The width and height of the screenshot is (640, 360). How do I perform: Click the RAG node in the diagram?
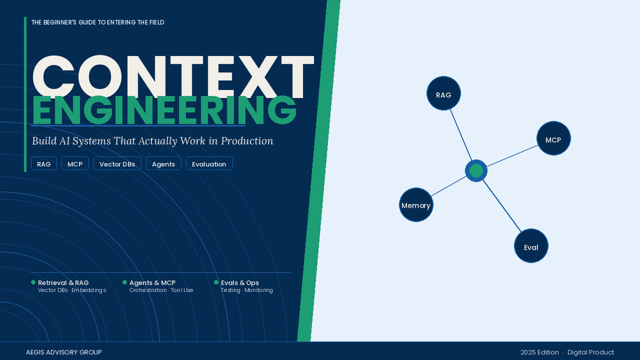click(x=444, y=94)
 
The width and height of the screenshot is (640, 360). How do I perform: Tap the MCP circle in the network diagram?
click(x=553, y=138)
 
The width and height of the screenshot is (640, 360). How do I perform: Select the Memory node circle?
click(x=416, y=205)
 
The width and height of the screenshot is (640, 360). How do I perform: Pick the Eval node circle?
click(x=531, y=246)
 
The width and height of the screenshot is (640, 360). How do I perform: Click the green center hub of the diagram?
click(x=476, y=171)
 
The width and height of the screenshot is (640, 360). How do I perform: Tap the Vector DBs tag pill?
click(x=117, y=164)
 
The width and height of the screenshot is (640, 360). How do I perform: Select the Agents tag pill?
click(x=163, y=164)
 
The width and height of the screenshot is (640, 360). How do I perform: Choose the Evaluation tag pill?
click(x=209, y=164)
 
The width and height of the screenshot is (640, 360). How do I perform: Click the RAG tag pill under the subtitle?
click(x=44, y=164)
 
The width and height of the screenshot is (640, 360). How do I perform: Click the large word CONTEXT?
click(x=173, y=76)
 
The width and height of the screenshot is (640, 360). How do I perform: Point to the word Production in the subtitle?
click(x=247, y=141)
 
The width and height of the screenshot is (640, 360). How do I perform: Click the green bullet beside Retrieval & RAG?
click(x=34, y=282)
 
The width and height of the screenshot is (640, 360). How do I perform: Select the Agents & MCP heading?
click(x=152, y=282)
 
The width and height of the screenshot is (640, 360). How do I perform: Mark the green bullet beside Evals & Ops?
click(x=217, y=282)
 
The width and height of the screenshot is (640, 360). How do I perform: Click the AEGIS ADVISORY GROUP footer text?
click(x=64, y=352)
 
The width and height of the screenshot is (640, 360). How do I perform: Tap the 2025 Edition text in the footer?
click(x=539, y=352)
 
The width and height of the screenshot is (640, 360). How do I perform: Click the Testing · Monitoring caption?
click(x=246, y=290)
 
